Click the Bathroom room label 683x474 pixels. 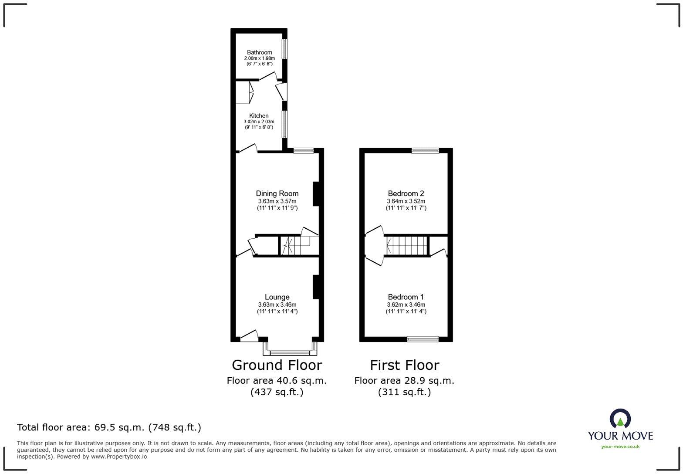pyautogui.click(x=259, y=52)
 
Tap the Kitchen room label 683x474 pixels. pyautogui.click(x=259, y=116)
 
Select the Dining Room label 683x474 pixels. pyautogui.click(x=277, y=193)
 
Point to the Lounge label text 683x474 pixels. pyautogui.click(x=277, y=297)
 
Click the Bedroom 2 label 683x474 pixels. pyautogui.click(x=406, y=193)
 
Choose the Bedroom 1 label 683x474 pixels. pyautogui.click(x=406, y=297)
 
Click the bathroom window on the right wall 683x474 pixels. pyautogui.click(x=284, y=49)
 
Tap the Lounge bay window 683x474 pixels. pyautogui.click(x=290, y=352)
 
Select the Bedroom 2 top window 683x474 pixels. pyautogui.click(x=425, y=151)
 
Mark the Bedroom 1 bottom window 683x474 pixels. pyautogui.click(x=423, y=339)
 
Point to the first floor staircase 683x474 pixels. pyautogui.click(x=406, y=246)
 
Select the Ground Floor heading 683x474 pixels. pyautogui.click(x=277, y=365)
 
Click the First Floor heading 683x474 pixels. pyautogui.click(x=405, y=365)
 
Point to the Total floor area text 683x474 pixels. pyautogui.click(x=109, y=427)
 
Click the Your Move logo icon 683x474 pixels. pyautogui.click(x=620, y=419)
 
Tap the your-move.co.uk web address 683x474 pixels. pyautogui.click(x=620, y=446)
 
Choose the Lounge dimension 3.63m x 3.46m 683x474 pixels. pyautogui.click(x=277, y=305)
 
